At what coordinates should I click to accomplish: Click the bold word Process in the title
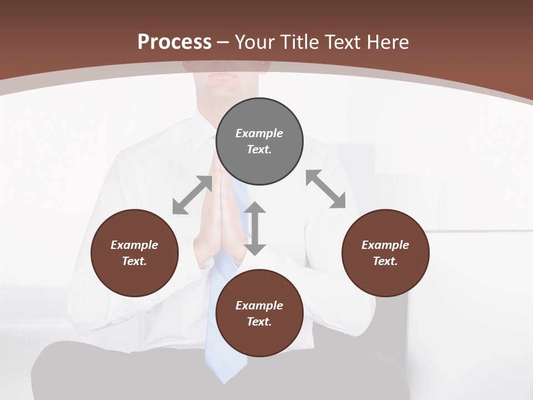(x=174, y=42)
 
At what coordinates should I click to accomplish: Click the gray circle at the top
(x=259, y=142)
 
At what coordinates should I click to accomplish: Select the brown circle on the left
(x=134, y=253)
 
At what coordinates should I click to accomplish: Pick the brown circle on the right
(x=385, y=253)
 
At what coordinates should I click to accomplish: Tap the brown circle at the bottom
(x=259, y=313)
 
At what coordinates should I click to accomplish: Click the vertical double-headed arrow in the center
(x=255, y=228)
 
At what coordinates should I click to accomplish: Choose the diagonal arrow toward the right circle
(x=326, y=189)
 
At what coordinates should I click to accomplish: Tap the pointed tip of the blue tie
(x=224, y=381)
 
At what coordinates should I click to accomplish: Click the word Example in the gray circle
(x=259, y=133)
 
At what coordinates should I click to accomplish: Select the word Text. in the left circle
(x=134, y=261)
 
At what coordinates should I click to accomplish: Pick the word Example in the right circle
(x=385, y=245)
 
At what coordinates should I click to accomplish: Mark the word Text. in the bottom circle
(x=259, y=322)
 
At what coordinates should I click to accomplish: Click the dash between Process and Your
(x=223, y=42)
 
